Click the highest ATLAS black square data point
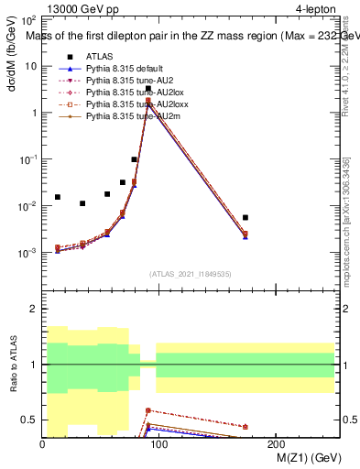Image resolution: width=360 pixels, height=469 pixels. [x=147, y=89]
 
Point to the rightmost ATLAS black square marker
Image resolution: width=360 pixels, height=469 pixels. [x=245, y=217]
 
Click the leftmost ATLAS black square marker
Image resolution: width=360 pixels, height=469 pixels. [x=58, y=197]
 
